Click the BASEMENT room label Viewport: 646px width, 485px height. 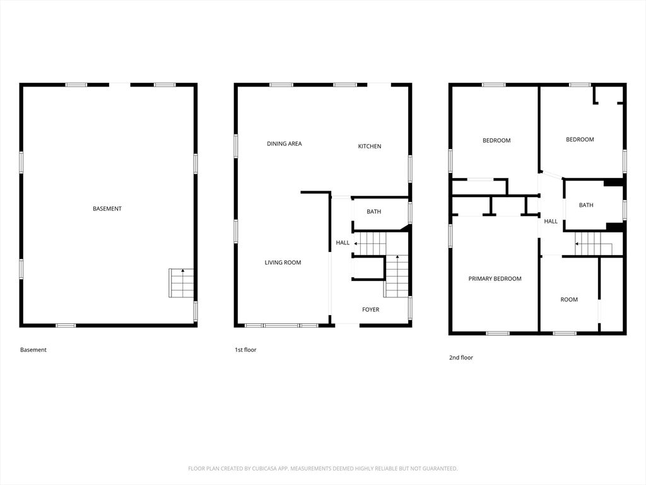(x=107, y=208)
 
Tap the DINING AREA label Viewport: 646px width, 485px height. (x=285, y=143)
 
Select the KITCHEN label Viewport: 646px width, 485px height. (x=370, y=146)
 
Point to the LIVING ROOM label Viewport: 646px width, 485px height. (x=283, y=262)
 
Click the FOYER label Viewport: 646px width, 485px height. (x=371, y=309)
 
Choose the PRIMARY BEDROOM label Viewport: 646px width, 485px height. (x=495, y=278)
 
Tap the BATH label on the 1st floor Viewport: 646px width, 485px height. (x=373, y=212)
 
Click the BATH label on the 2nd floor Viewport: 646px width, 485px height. (x=586, y=205)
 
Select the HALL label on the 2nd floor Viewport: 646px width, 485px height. (x=551, y=222)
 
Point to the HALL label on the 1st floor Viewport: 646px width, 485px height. (x=343, y=242)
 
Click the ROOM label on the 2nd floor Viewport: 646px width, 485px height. (x=569, y=299)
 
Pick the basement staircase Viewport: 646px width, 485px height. (x=181, y=283)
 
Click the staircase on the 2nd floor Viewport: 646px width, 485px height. (x=593, y=244)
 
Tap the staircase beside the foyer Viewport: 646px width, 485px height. (x=396, y=276)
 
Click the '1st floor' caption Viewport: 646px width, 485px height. (x=245, y=350)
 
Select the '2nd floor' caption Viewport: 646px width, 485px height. (x=461, y=357)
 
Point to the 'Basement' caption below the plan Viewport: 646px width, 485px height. (x=33, y=350)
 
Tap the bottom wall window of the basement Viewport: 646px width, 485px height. (x=66, y=325)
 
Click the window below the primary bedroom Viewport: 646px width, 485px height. (x=498, y=333)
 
